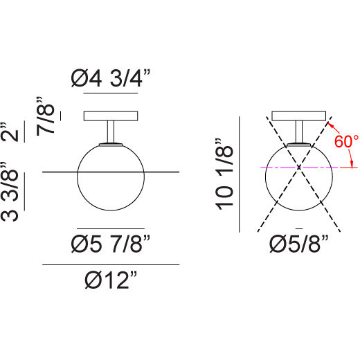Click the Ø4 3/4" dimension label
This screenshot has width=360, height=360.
[x=111, y=78]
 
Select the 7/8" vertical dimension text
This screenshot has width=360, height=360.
[x=46, y=116]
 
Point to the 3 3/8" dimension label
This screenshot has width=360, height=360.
[x=10, y=191]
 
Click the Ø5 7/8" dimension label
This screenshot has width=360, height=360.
[x=111, y=244]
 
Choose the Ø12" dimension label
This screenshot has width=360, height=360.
[x=111, y=280]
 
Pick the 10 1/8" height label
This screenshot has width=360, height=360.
[x=224, y=174]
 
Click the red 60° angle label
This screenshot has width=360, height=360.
[x=346, y=141]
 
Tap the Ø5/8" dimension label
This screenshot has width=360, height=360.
[x=299, y=244]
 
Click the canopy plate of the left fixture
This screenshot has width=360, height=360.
[x=111, y=116]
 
